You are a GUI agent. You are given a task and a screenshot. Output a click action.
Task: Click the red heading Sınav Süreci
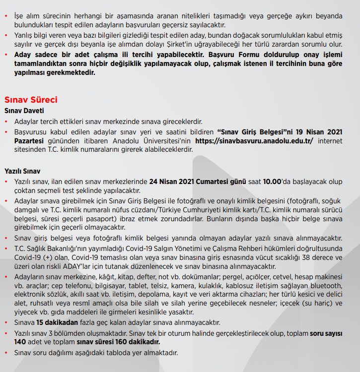click(x=31, y=100)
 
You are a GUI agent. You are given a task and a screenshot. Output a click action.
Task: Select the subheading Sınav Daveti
click(x=24, y=111)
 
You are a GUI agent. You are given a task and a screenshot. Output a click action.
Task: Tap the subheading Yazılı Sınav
click(x=22, y=171)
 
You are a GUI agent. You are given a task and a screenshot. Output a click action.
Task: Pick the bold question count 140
click(x=20, y=342)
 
